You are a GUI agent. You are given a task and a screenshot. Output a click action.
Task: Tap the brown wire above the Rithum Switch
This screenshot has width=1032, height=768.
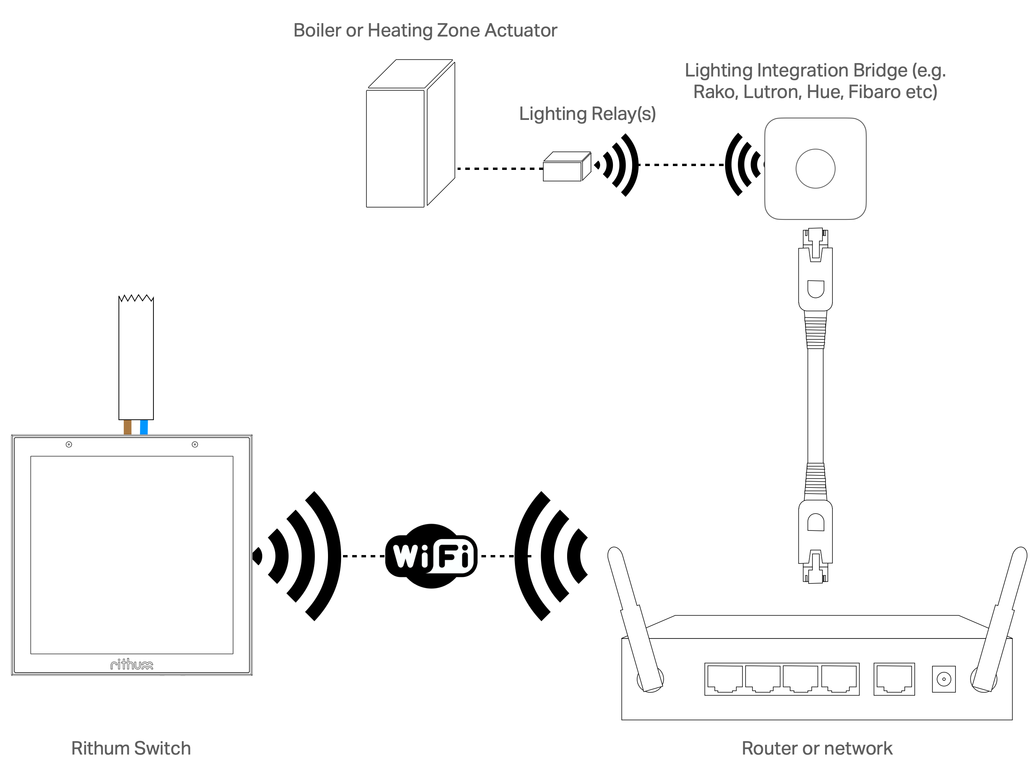(x=127, y=427)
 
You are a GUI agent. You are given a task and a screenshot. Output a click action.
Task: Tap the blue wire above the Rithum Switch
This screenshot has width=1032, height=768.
(x=144, y=427)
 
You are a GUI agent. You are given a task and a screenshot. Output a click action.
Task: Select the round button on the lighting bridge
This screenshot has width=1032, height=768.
(x=815, y=168)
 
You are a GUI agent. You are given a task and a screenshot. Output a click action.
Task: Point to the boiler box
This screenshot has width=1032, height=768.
(x=404, y=140)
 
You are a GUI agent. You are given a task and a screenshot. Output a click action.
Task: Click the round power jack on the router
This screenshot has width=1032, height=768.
(x=944, y=679)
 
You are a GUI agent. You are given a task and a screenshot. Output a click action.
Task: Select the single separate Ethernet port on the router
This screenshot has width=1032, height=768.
(x=894, y=679)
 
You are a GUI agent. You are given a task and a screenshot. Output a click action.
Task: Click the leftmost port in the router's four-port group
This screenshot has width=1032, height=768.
(x=724, y=679)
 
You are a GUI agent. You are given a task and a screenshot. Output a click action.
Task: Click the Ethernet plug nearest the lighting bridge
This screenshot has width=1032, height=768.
(x=815, y=269)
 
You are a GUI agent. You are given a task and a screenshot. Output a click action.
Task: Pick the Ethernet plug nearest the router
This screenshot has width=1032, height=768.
(x=815, y=539)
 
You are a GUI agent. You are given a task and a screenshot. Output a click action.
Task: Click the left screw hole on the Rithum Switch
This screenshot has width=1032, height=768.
(x=69, y=444)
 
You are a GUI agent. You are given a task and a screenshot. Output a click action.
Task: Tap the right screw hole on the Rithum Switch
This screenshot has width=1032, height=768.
(x=195, y=444)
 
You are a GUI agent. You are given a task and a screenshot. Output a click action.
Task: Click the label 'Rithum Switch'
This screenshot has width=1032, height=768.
(x=131, y=748)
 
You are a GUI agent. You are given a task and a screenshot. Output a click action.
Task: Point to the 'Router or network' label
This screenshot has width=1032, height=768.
(x=817, y=748)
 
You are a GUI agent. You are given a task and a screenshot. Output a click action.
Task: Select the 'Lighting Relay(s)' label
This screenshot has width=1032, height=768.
(x=588, y=114)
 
